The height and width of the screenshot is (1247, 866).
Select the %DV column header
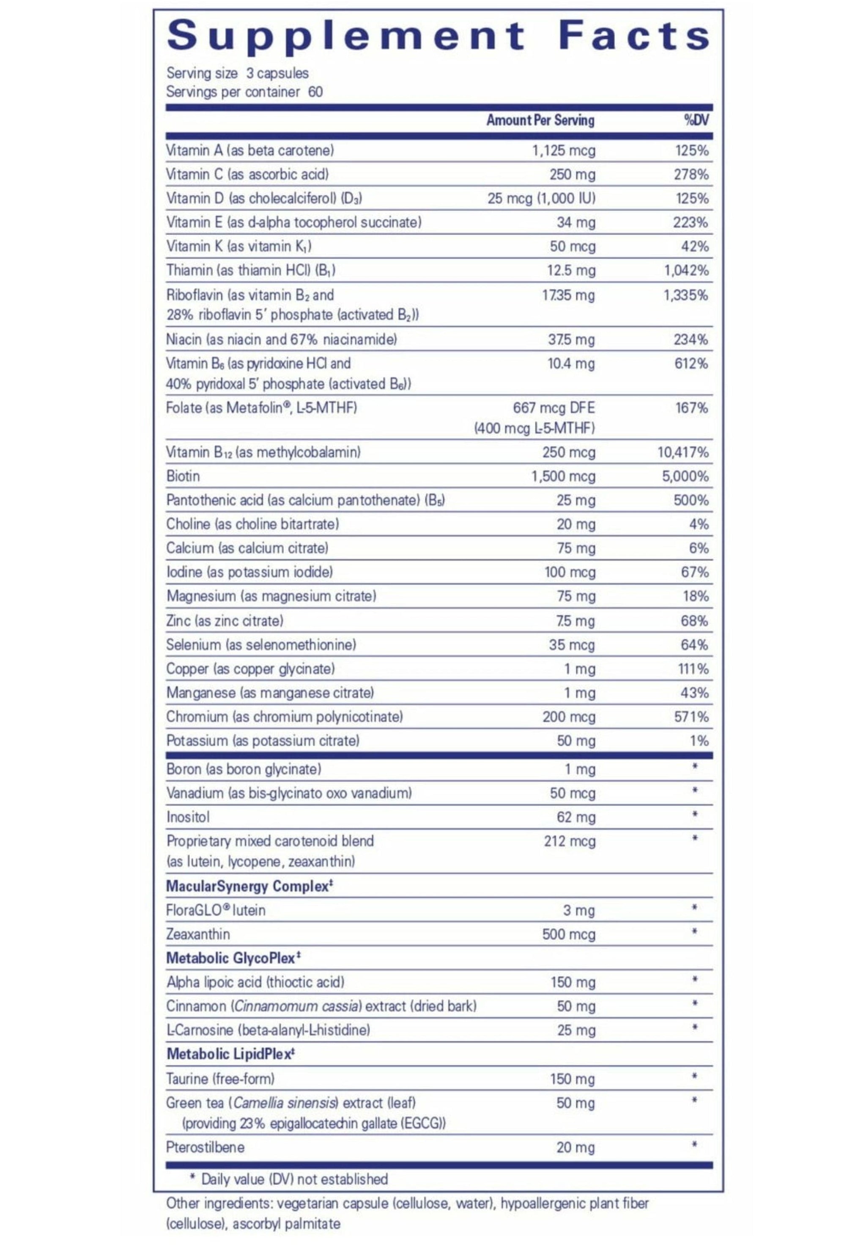coord(696,120)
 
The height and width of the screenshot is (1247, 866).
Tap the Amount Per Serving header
coord(540,120)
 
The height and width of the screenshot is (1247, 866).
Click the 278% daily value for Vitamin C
coord(691,174)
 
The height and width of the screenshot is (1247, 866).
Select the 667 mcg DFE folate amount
coord(554,408)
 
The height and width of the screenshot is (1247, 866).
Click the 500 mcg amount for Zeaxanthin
coord(569,934)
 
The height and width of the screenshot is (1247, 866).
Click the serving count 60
coord(315,92)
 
